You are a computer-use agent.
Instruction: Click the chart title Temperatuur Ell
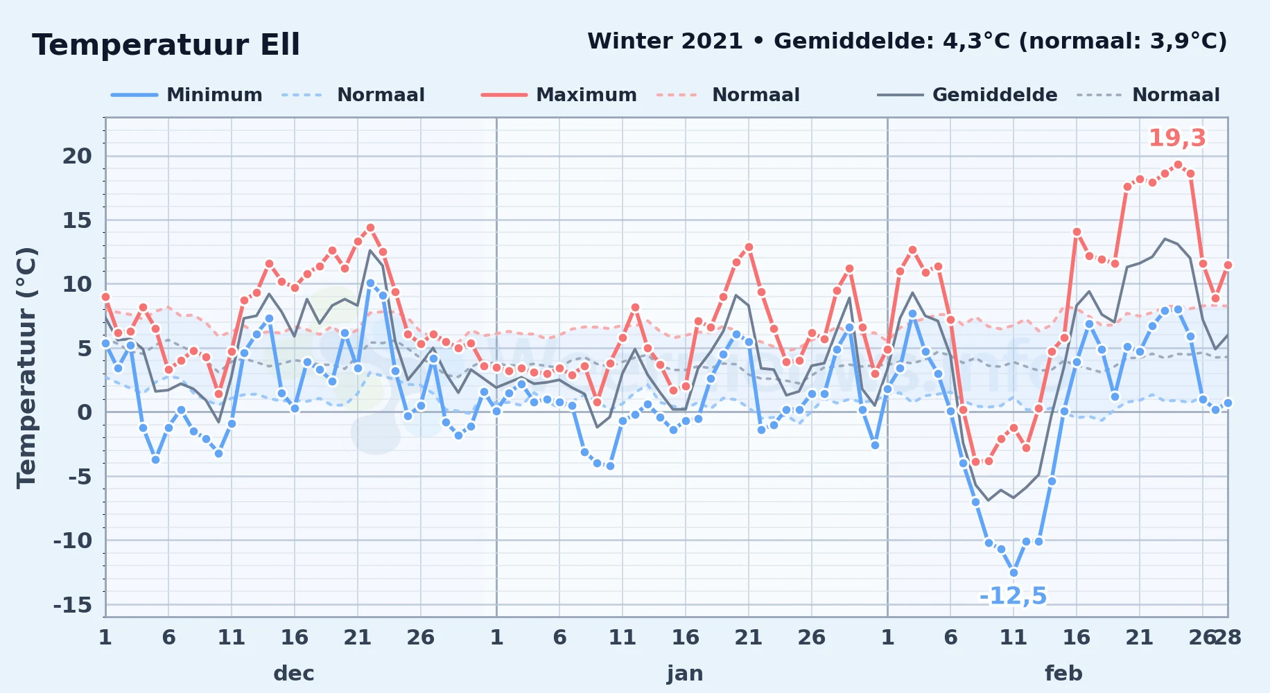click(166, 45)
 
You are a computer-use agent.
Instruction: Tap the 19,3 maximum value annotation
click(1177, 138)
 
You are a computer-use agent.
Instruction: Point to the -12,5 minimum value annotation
click(1013, 595)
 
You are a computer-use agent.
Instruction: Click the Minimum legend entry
click(187, 95)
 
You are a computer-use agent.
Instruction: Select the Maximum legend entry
click(559, 95)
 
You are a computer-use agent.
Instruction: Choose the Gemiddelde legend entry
click(968, 95)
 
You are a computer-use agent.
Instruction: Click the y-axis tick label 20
click(77, 156)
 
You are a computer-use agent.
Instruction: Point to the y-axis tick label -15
click(73, 605)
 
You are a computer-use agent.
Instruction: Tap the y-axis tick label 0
click(85, 412)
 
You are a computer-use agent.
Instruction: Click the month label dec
click(294, 673)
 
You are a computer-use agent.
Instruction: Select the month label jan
click(685, 673)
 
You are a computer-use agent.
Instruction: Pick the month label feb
click(1063, 673)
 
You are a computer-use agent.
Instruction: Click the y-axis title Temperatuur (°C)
click(27, 368)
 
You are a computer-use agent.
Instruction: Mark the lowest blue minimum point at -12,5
click(1014, 572)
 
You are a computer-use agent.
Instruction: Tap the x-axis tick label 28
click(1228, 637)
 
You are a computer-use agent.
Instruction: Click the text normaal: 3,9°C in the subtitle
click(1117, 41)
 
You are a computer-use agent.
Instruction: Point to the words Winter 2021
click(666, 41)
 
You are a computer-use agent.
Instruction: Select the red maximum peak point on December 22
click(370, 227)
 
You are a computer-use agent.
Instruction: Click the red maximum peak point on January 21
click(749, 247)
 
